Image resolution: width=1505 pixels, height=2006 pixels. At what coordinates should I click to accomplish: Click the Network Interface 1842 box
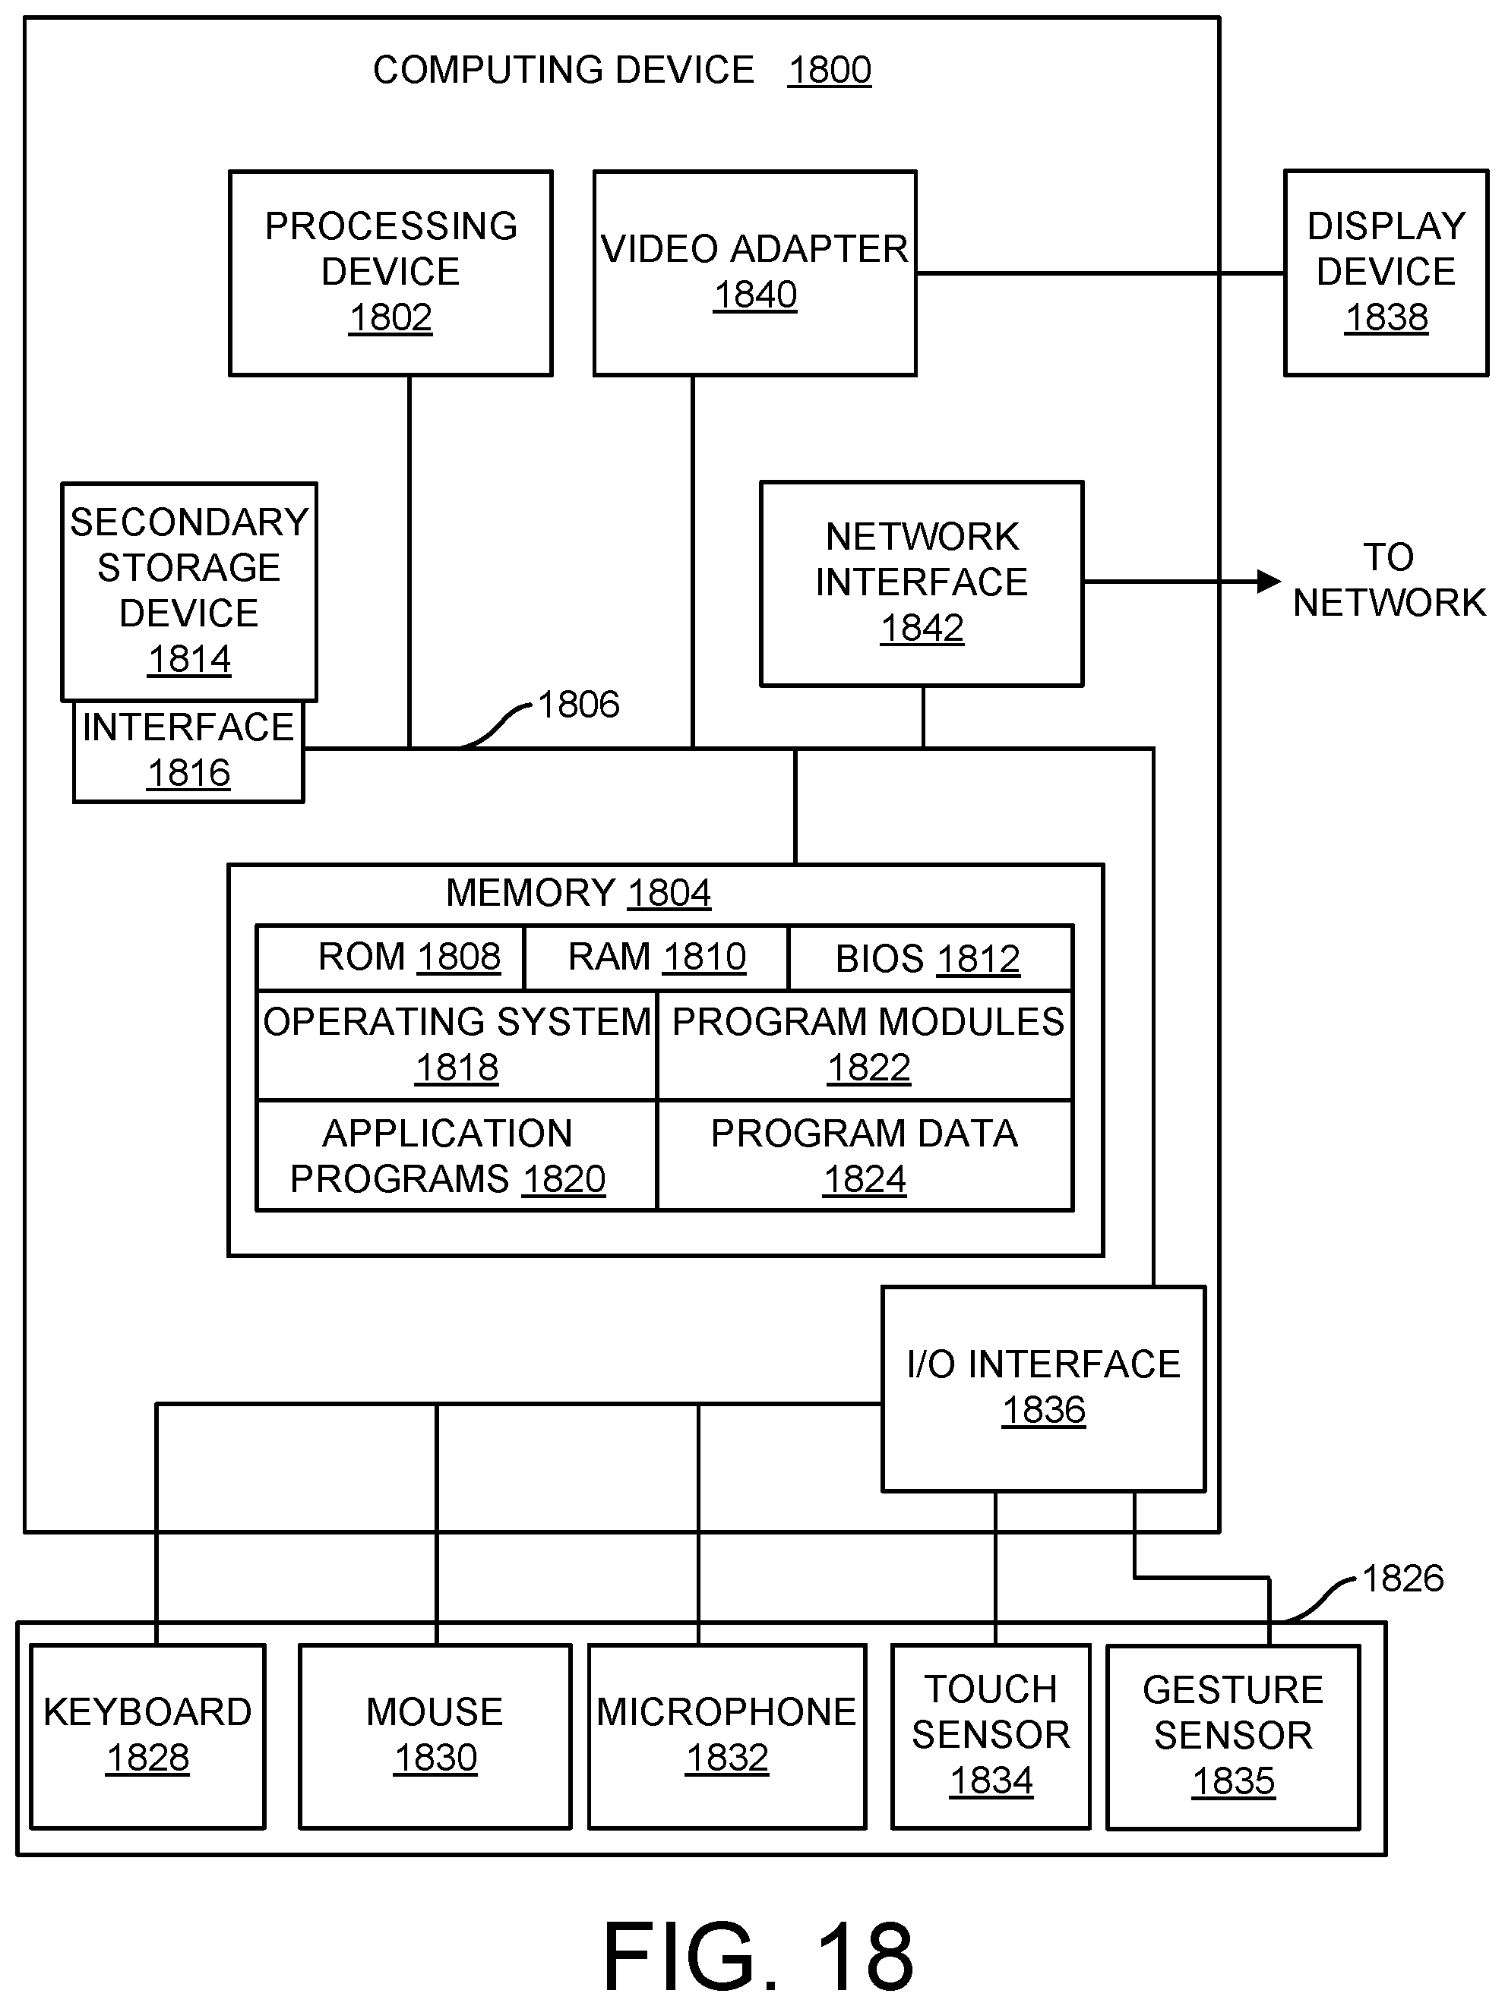click(922, 583)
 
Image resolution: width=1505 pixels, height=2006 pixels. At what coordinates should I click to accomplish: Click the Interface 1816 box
click(188, 751)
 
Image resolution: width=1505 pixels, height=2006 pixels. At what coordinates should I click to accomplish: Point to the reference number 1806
click(579, 705)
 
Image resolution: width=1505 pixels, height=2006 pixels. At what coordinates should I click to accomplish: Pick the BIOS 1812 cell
click(931, 957)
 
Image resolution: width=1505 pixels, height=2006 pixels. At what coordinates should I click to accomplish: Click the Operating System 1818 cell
click(457, 1046)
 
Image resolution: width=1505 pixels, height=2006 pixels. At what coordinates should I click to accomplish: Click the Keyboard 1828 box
click(148, 1736)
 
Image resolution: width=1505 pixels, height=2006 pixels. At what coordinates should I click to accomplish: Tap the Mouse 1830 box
click(435, 1736)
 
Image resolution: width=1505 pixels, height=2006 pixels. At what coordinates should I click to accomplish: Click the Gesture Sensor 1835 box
click(1234, 1736)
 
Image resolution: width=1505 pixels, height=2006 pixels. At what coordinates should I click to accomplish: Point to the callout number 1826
click(1402, 1579)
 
